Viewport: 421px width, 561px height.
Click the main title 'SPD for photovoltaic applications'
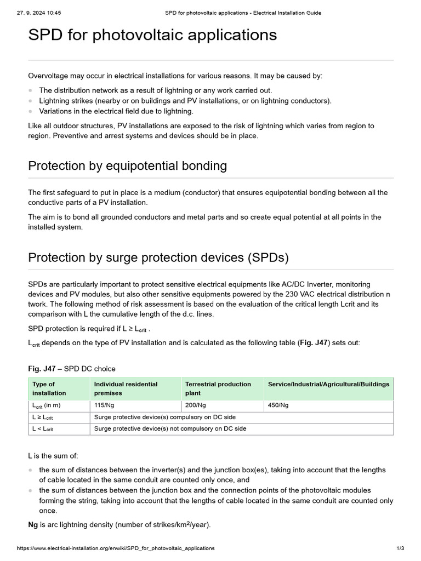coord(152,36)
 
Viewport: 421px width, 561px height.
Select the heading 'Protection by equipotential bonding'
coord(127,166)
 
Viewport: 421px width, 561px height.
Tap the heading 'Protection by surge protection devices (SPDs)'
coord(158,257)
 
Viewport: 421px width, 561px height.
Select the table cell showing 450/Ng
coord(278,405)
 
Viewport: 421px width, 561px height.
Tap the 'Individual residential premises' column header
coord(126,388)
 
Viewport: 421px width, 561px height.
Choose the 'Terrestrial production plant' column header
coord(218,388)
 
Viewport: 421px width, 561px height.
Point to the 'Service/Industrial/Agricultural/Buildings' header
coord(328,385)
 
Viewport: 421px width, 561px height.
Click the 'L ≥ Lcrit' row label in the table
coord(43,417)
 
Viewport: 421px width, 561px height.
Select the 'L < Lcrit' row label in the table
coord(43,429)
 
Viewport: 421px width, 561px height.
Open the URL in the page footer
coord(116,548)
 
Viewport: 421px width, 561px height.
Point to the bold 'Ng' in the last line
coord(33,524)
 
